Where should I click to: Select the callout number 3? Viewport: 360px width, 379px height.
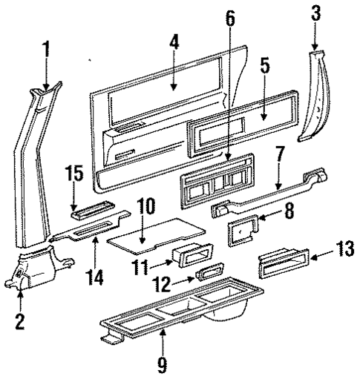point(315,13)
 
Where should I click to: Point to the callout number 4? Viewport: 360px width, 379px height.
point(173,43)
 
